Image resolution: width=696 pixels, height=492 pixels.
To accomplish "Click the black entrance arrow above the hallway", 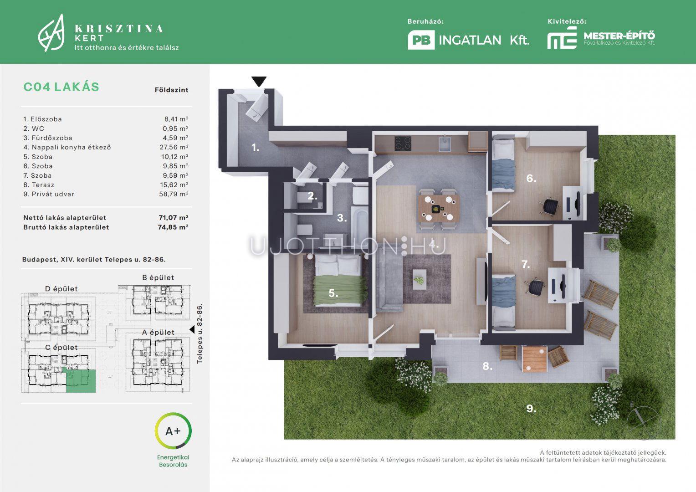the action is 259,81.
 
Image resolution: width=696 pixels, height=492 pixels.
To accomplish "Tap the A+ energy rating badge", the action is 173,431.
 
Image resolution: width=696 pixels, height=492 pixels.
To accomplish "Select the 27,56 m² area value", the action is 174,147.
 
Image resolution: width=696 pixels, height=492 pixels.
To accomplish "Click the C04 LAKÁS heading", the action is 61,87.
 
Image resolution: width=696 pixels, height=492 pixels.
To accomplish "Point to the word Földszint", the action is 172,90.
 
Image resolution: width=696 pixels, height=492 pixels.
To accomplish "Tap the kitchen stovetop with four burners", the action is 403,143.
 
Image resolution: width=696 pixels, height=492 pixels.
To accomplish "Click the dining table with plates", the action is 439,208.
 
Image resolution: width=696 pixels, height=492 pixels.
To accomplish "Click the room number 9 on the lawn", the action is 531,408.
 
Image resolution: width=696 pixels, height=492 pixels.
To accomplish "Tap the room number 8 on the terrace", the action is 487,366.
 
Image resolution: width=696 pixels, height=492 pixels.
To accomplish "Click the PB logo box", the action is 421,40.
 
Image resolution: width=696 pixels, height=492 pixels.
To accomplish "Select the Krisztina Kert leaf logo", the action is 51,33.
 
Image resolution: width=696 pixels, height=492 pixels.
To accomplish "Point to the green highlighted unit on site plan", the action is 79,381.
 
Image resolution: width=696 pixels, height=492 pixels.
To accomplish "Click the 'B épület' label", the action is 158,277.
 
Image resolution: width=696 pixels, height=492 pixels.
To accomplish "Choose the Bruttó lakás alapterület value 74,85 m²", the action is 173,227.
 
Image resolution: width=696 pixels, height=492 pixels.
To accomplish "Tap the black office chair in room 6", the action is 550,205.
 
